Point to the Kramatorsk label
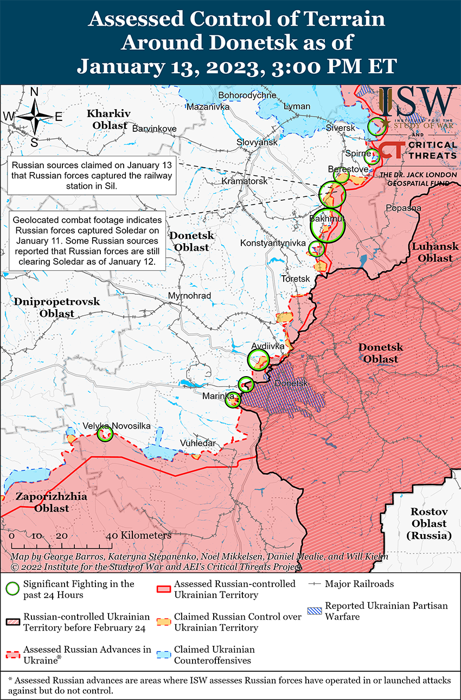(245, 181)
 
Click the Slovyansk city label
(257, 142)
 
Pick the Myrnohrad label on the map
(189, 296)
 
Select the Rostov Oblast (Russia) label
(428, 524)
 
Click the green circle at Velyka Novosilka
(105, 434)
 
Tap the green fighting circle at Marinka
(233, 400)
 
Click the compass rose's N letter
(34, 92)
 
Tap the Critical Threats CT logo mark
(390, 150)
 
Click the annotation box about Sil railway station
(92, 175)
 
